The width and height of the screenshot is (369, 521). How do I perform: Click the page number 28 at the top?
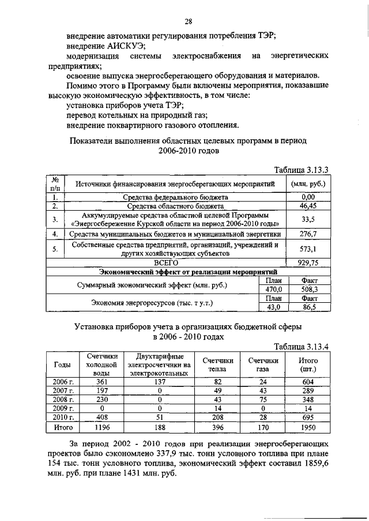188,22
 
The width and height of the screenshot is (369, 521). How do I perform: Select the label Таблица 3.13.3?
300,170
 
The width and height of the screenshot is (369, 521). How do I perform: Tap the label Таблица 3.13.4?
300,346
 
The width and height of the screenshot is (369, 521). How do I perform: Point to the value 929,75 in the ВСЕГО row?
308,262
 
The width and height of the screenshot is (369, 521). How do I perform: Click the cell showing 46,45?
308,206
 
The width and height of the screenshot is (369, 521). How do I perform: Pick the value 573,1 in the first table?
308,249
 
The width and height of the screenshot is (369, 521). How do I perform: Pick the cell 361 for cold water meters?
101,381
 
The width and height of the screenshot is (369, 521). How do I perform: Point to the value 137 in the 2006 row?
159,381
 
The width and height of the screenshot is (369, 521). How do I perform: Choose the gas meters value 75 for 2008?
263,400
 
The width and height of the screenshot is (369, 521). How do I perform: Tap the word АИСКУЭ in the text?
123,46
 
